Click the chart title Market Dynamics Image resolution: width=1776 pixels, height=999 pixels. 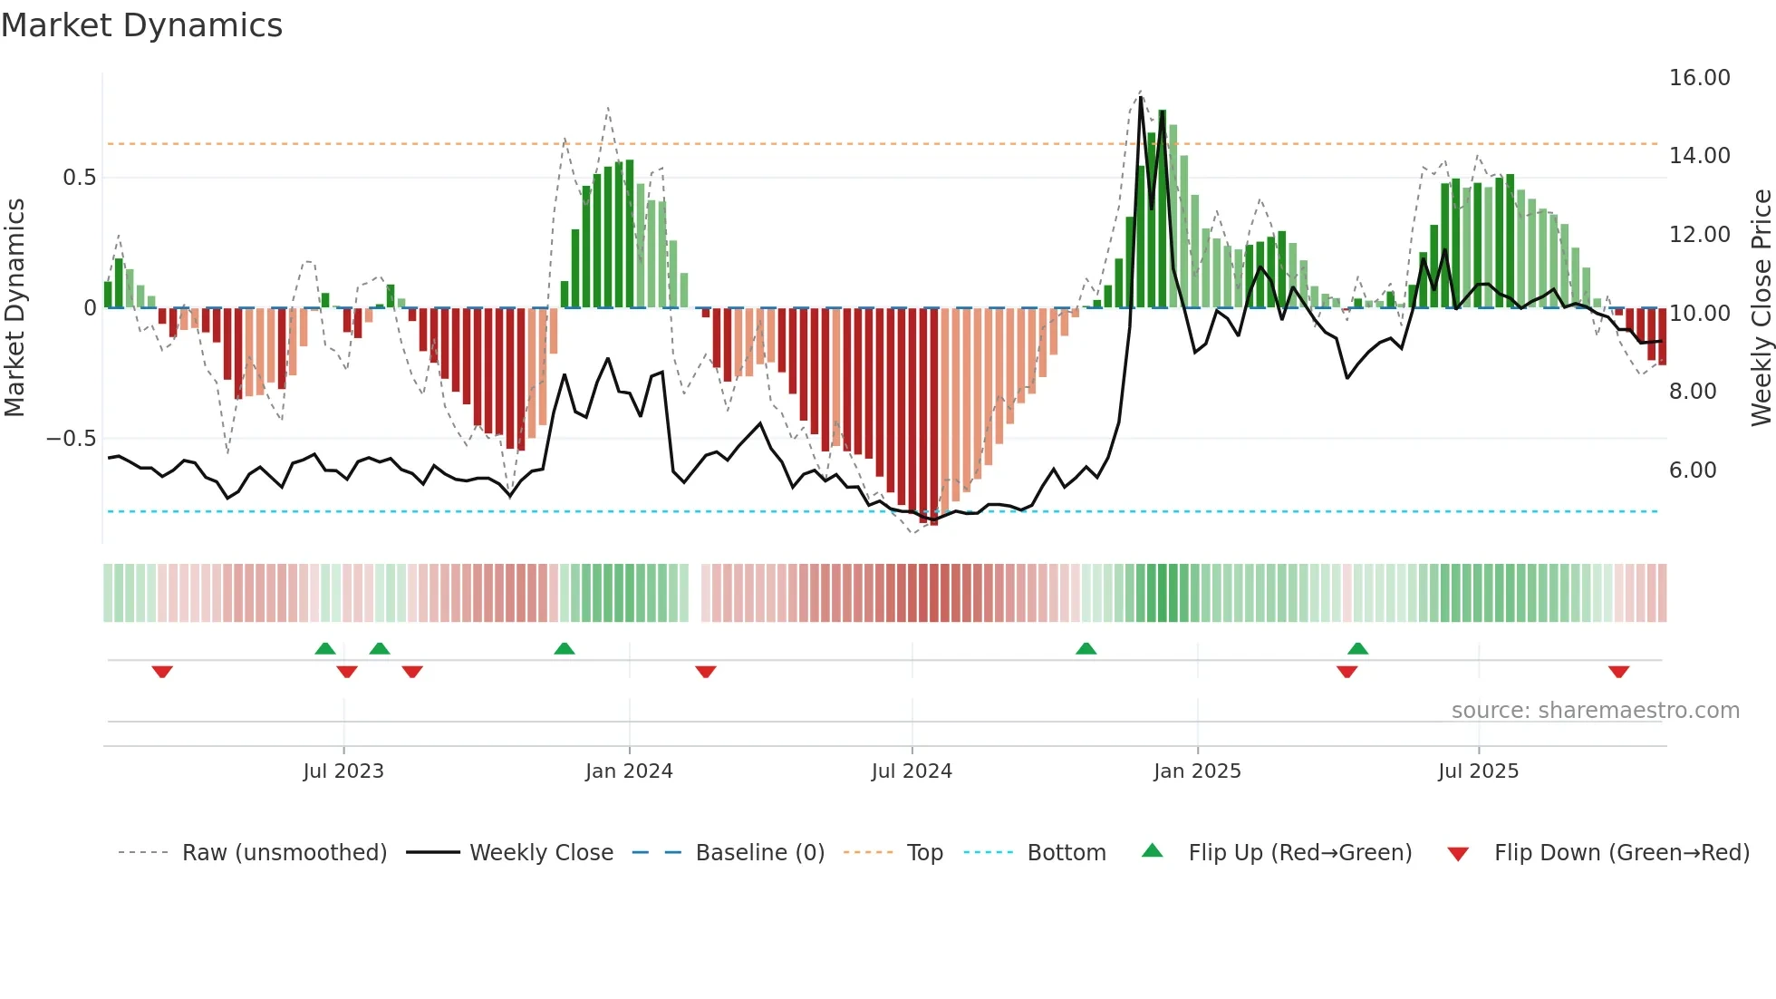[x=141, y=25]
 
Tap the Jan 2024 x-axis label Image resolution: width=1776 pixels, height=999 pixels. [x=629, y=771]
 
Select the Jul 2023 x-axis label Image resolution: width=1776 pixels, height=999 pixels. [x=343, y=771]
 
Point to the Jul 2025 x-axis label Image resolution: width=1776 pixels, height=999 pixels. [x=1478, y=771]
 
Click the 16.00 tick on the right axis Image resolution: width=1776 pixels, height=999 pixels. [x=1699, y=78]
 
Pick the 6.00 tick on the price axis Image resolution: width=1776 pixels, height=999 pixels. [x=1693, y=470]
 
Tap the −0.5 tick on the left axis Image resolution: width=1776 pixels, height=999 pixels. [x=71, y=439]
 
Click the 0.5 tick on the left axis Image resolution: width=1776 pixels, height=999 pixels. [x=79, y=178]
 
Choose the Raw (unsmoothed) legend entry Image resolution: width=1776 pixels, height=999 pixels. [x=284, y=853]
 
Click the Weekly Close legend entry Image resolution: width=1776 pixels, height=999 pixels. [x=541, y=853]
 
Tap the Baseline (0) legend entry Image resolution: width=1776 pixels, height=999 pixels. [x=759, y=853]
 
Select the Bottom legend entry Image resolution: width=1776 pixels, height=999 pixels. [x=1066, y=853]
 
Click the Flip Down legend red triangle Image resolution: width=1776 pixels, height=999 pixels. [x=1458, y=854]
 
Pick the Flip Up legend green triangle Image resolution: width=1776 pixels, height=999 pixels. [x=1152, y=850]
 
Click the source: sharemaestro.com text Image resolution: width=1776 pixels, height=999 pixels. [x=1595, y=711]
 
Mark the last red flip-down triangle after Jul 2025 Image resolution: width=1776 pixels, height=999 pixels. [x=1618, y=672]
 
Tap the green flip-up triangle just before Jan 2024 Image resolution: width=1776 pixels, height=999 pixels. [x=564, y=648]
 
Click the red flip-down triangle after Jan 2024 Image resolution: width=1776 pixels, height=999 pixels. [x=706, y=672]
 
